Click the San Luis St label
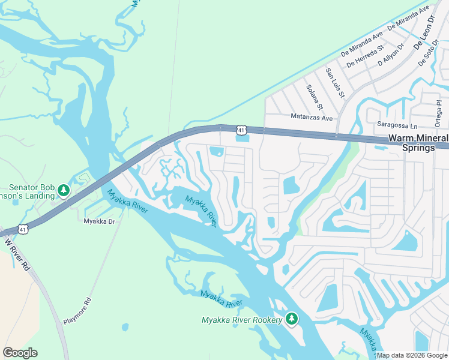point(334,83)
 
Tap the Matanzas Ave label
point(312,118)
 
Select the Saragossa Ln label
point(397,126)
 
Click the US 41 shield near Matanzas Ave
point(241,130)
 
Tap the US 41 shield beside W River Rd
point(23,229)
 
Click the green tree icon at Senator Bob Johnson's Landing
point(64,191)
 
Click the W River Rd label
point(17,256)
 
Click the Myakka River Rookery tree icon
point(292,318)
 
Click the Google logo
point(20,352)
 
